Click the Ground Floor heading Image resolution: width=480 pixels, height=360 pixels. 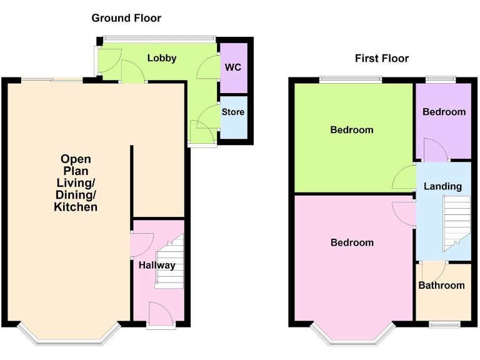(126, 18)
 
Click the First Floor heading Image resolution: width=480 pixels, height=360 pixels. (381, 59)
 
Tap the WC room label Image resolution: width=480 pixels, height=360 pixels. (232, 67)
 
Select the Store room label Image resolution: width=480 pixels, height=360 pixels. (233, 112)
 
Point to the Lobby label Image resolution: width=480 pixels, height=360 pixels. (162, 58)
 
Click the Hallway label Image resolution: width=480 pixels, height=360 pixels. (157, 265)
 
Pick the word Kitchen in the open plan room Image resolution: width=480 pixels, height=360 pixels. (76, 207)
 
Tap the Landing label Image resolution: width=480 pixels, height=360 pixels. (442, 186)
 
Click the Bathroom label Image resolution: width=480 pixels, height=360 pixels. (441, 286)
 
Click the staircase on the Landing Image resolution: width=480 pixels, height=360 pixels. (456, 222)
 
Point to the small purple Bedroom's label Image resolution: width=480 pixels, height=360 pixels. (444, 112)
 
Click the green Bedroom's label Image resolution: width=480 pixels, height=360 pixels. (352, 130)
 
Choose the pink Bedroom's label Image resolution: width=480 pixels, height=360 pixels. (352, 242)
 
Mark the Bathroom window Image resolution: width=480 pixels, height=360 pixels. (443, 324)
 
